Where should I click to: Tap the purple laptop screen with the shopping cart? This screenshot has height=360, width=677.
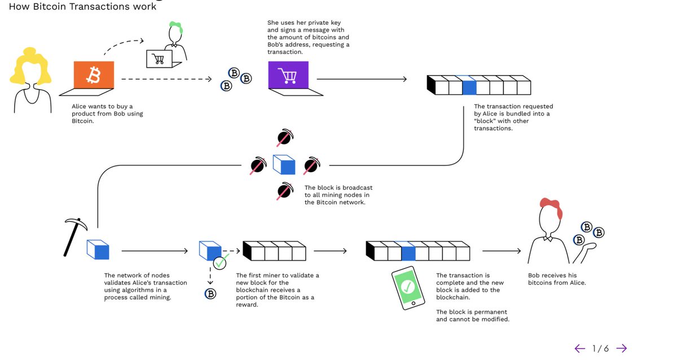click(x=288, y=74)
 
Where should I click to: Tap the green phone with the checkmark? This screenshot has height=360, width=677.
click(x=408, y=288)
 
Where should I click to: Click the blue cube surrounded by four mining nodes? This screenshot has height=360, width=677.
click(x=284, y=165)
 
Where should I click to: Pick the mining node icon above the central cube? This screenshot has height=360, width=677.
click(x=284, y=138)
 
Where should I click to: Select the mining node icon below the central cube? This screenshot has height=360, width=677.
click(x=284, y=191)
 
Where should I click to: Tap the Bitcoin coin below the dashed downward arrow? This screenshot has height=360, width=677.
click(x=210, y=293)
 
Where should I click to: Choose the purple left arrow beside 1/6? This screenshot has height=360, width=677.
click(x=579, y=348)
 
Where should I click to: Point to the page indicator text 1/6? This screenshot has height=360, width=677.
click(x=600, y=348)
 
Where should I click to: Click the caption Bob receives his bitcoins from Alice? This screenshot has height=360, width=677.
click(x=557, y=279)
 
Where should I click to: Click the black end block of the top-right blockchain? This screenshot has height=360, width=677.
click(x=431, y=85)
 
